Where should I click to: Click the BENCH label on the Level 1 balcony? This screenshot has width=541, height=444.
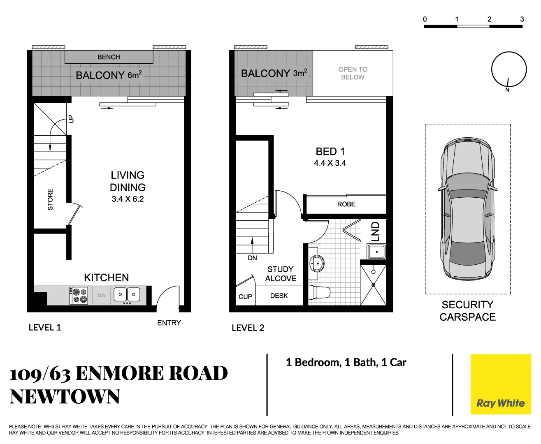109,57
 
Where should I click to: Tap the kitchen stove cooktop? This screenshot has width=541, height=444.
79,295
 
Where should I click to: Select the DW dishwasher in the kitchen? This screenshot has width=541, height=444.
102,296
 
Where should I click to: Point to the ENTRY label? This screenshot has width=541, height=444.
169,323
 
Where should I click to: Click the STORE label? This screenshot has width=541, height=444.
50,199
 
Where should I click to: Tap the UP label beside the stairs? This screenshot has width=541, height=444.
71,119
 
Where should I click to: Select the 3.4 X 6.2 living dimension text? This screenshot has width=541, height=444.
128,199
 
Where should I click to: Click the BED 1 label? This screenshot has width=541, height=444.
330,152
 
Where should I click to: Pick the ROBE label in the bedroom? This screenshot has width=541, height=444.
346,204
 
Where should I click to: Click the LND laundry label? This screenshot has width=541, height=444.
375,232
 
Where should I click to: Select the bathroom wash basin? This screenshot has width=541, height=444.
317,263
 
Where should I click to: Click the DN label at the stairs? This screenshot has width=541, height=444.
252,258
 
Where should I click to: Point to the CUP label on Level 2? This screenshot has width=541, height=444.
245,297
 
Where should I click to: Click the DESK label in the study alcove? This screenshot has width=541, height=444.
279,296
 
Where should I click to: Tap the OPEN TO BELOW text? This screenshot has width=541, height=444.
353,73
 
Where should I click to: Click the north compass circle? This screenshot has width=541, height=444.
509,69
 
